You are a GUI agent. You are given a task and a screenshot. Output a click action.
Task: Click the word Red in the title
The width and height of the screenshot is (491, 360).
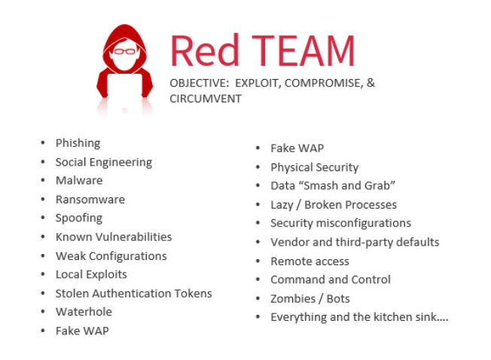205,50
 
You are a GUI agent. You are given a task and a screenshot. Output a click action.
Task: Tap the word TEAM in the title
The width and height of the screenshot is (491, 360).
303,50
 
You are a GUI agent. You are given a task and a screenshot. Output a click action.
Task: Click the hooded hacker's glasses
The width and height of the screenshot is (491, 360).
124,51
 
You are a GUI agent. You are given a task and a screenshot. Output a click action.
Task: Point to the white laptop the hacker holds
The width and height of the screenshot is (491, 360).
124,85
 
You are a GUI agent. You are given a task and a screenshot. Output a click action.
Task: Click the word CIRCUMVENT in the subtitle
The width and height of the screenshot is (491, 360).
206,99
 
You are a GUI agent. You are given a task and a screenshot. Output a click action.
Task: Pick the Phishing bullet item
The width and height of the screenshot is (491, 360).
78,143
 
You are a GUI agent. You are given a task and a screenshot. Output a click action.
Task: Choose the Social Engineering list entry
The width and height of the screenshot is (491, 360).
104,162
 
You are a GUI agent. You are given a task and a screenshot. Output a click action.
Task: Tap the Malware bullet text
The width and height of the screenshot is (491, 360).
79,180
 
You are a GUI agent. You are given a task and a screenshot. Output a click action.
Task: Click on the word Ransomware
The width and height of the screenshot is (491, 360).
90,200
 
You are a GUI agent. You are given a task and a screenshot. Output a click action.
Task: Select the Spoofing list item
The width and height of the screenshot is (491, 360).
79,218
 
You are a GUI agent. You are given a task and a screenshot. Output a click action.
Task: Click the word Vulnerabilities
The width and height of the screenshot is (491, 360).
133,236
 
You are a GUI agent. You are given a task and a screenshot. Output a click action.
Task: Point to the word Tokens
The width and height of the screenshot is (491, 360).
194,293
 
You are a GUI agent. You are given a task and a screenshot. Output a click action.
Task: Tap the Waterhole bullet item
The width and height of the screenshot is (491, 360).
84,312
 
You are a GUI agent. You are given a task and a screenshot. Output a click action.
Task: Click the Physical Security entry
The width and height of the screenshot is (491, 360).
314,167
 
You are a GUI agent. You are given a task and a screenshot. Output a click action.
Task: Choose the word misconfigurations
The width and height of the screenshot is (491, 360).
364,223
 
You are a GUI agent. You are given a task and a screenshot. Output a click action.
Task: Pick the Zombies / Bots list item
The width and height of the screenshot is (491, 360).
310,299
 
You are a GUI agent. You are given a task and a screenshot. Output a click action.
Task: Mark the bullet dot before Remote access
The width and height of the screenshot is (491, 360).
258,261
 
